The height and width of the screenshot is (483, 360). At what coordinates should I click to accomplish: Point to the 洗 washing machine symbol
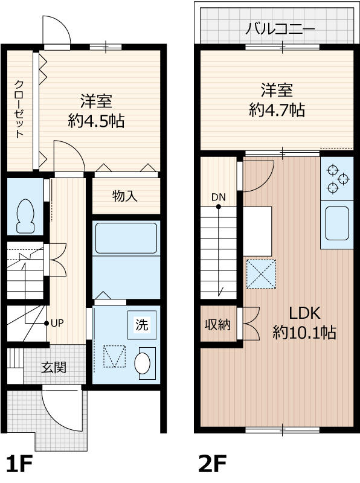[141, 325]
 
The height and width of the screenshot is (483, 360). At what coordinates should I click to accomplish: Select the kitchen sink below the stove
[335, 223]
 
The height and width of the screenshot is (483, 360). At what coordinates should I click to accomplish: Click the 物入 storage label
[125, 196]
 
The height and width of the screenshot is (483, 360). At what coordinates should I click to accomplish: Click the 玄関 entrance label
[54, 366]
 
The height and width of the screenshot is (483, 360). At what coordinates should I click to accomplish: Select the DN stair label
[218, 197]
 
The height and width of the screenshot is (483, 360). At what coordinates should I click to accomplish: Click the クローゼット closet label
[19, 109]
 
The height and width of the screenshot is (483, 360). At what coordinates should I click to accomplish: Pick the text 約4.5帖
[97, 121]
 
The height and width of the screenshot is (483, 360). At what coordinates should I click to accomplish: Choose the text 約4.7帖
[277, 109]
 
